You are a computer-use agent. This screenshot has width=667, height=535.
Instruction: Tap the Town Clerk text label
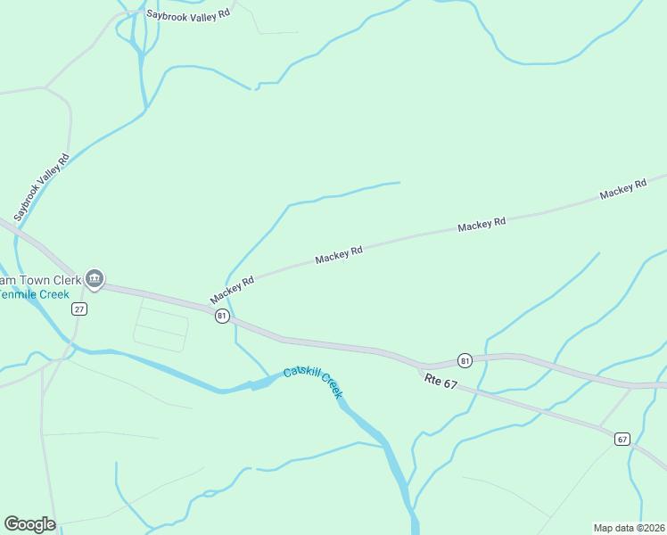[39, 279]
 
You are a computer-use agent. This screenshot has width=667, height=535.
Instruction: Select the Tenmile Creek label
[34, 293]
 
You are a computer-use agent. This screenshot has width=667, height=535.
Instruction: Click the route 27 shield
[79, 309]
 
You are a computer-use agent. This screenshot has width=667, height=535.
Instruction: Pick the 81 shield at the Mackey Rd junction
[221, 316]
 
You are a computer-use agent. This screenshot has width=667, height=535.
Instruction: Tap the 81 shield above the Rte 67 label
[465, 360]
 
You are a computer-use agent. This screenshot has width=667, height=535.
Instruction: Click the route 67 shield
[622, 438]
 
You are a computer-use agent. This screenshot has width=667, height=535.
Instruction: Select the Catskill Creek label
[314, 381]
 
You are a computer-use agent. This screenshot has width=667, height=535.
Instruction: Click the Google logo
[30, 524]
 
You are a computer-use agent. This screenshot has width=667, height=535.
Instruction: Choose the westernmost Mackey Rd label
[232, 288]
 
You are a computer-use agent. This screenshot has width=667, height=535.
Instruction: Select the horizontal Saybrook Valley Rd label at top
[188, 14]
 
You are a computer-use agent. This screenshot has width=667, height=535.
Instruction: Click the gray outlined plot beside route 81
[162, 325]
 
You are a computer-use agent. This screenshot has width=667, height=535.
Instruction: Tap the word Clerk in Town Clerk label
[63, 279]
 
